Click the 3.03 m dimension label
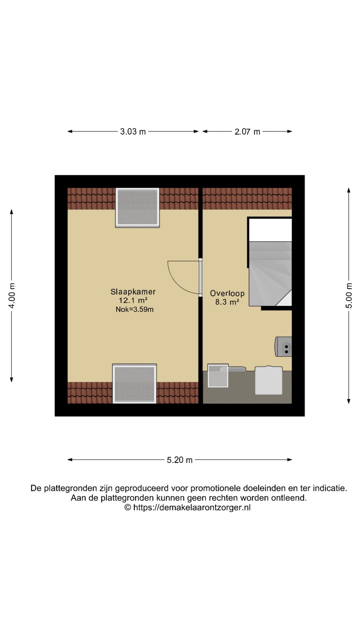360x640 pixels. click(x=133, y=132)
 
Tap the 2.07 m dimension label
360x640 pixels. click(x=247, y=132)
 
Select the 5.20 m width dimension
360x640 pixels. click(x=179, y=460)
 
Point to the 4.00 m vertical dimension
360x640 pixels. click(x=12, y=295)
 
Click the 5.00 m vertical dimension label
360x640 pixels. click(x=349, y=295)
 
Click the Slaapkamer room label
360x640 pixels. click(x=133, y=292)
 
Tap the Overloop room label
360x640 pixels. click(x=227, y=293)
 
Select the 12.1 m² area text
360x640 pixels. click(x=133, y=300)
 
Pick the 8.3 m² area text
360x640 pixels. click(x=227, y=302)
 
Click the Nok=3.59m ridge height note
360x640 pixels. click(x=134, y=309)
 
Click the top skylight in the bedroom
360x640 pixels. click(x=137, y=208)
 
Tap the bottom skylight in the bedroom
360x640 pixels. click(x=134, y=384)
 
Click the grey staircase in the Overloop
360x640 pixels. click(x=270, y=273)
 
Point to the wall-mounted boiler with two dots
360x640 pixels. click(x=284, y=347)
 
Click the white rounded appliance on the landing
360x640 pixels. click(x=269, y=380)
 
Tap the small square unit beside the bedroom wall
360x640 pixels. click(x=218, y=376)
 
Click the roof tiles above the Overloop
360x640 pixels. click(x=247, y=198)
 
